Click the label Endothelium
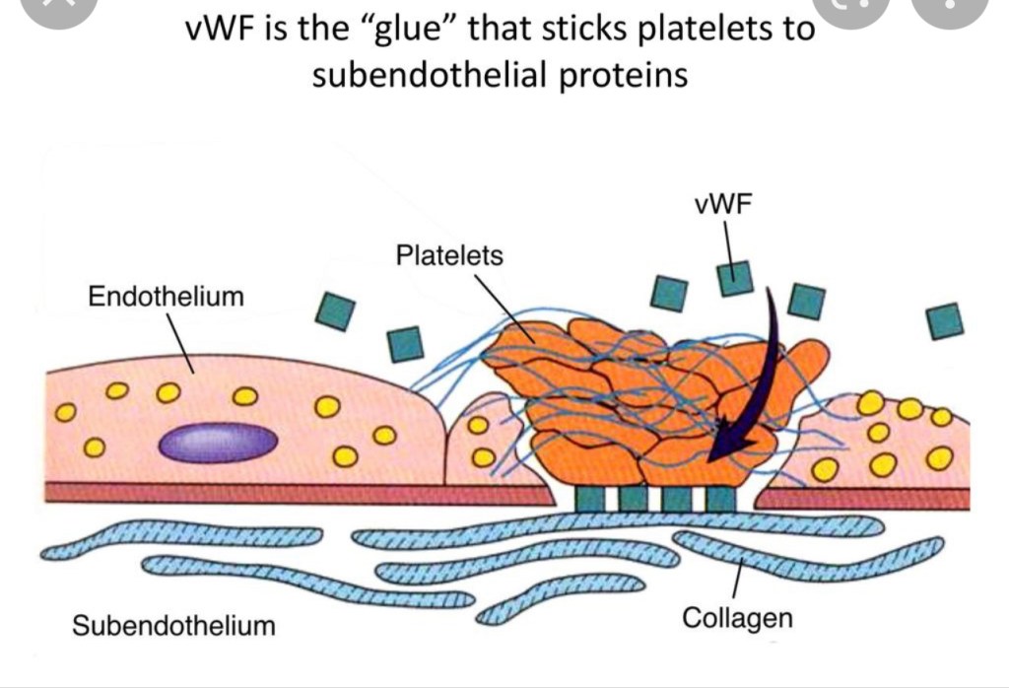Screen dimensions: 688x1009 (166, 296)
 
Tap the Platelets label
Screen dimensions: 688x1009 (448, 256)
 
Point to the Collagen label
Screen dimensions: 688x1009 (737, 618)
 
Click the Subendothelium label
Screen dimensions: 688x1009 (174, 625)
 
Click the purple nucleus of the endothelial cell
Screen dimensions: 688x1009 (218, 443)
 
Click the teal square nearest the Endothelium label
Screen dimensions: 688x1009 (334, 310)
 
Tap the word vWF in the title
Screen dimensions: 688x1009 (225, 29)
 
